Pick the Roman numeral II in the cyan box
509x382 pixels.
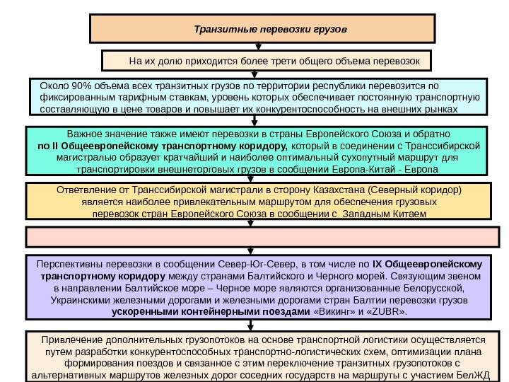59,146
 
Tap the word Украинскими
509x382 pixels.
79,300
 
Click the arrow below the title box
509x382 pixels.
258,46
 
